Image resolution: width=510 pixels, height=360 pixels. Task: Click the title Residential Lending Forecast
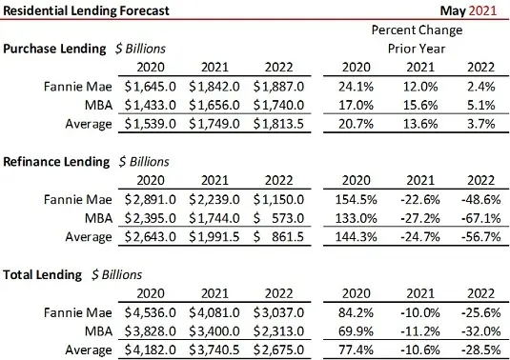pos(87,11)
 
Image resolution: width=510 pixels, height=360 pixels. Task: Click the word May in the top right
pos(457,11)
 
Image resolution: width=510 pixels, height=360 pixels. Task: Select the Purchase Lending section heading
pos(54,49)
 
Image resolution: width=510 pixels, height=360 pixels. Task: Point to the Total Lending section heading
pos(43,274)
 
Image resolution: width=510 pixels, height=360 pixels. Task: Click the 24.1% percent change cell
pos(354,86)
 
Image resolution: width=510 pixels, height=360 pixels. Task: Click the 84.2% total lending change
pos(354,312)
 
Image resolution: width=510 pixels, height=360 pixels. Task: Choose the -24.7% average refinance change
pos(417,236)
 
